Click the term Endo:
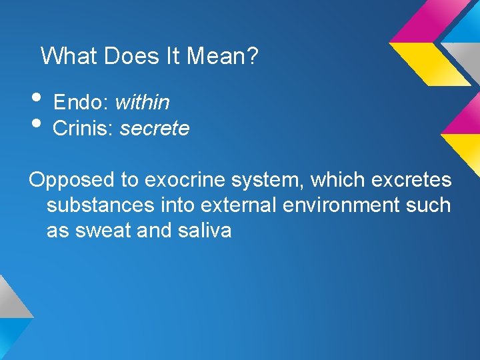pos(81,102)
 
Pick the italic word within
pos(142,102)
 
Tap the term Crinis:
pos(83,128)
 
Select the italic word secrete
pos(155,128)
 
